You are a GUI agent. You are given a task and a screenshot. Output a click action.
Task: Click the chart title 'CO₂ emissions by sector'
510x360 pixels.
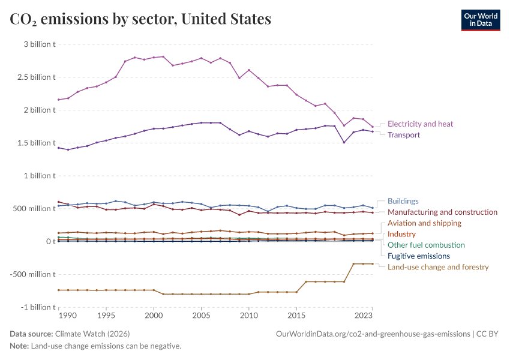[x=140, y=19]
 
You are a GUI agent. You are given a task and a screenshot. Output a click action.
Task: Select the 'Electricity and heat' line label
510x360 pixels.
[x=420, y=124]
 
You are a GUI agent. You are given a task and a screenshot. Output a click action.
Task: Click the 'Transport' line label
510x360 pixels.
[x=403, y=135]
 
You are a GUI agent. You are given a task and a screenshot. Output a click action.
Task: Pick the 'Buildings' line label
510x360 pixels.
[x=403, y=201]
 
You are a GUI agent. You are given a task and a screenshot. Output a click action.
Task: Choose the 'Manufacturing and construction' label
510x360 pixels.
[x=442, y=212]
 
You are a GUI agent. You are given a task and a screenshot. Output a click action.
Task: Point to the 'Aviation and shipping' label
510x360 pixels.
[x=424, y=223]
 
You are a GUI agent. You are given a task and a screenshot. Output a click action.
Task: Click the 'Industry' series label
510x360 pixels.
[x=401, y=234]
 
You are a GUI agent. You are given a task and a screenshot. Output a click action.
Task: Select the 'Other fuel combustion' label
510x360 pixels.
[x=426, y=245]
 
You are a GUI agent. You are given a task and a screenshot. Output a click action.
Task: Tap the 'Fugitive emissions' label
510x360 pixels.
[x=419, y=256]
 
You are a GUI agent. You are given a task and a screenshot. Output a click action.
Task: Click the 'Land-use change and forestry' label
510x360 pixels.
[x=438, y=267]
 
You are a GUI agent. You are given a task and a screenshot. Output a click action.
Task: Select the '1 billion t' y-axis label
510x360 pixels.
[x=40, y=176]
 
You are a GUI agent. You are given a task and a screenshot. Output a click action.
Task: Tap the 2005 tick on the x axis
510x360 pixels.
[x=201, y=314]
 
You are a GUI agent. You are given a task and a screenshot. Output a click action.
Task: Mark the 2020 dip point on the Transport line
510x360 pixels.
[x=344, y=142]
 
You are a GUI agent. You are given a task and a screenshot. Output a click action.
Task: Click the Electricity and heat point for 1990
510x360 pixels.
[x=59, y=100]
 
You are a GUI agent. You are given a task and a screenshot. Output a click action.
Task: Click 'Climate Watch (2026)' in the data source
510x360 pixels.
[x=92, y=334]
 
